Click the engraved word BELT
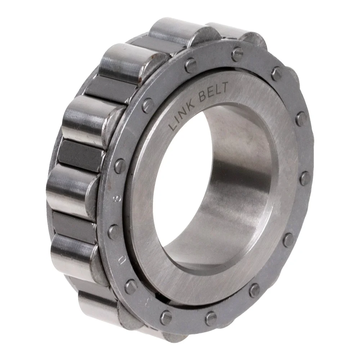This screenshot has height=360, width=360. coord(214,93)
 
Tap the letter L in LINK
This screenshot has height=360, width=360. coord(173,125)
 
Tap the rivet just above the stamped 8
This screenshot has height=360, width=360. coord(120,166)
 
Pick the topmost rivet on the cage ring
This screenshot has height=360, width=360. coord(237,54)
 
